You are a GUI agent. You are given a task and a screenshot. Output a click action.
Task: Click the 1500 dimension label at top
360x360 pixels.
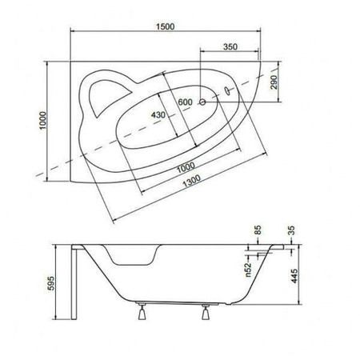pos(166,26)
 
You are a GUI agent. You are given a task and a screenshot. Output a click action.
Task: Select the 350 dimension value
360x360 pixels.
pos(230,46)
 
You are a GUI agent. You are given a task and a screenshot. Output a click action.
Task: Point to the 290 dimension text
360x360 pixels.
pos(274,82)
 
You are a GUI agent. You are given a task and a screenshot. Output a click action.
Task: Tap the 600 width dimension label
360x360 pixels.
pos(185,102)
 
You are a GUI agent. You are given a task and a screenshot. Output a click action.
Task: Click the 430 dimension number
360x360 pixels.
pos(158,115)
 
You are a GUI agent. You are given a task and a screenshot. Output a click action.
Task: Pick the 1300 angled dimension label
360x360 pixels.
pos(191,182)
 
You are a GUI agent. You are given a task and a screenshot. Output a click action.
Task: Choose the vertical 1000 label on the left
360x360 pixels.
pos(43,121)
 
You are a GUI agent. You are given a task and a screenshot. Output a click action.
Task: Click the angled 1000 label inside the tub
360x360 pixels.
pos(186,168)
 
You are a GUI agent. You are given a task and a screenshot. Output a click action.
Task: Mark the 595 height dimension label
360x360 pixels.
pos(50,283)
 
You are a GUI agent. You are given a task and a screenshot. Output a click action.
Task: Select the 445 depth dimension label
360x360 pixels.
pos(294,276)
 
